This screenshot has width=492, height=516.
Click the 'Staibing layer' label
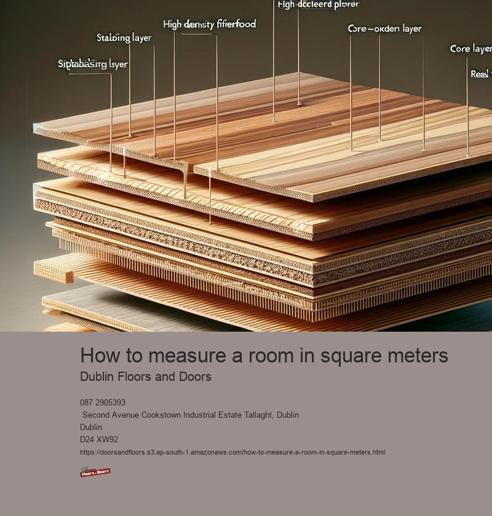coord(124,38)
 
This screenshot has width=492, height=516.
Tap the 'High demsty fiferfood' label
coord(209,25)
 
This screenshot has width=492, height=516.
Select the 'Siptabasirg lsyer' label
coord(93,64)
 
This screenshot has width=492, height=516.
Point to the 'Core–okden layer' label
coord(384,29)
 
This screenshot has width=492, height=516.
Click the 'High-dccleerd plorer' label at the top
coord(318,5)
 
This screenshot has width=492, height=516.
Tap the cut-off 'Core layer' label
coord(470,49)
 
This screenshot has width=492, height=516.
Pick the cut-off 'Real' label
coord(480,74)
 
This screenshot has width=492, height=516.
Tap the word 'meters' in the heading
coord(420,356)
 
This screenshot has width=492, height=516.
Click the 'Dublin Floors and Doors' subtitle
coord(146,377)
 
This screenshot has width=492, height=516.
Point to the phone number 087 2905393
coord(103,403)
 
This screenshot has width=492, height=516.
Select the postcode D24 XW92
coord(99,440)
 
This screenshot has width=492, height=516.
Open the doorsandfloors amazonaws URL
coord(232,452)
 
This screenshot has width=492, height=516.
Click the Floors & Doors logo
coord(95,472)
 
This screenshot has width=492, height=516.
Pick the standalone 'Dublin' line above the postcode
coord(91,428)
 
